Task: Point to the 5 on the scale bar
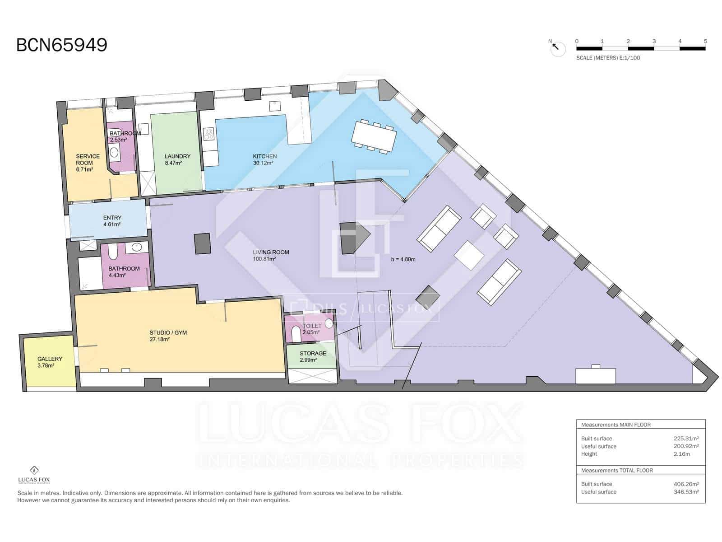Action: [x=705, y=41]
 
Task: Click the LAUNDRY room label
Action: [x=177, y=156]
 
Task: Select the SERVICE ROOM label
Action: [x=88, y=159]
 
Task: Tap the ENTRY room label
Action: [x=112, y=218]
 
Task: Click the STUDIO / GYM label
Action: [x=168, y=333]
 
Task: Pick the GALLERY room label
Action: [x=50, y=359]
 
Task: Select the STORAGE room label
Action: [x=313, y=354]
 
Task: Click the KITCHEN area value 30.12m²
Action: [x=263, y=163]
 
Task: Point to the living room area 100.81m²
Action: [x=264, y=259]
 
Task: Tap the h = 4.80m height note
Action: [x=403, y=259]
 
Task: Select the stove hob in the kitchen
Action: [x=208, y=134]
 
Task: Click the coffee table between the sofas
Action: [x=469, y=255]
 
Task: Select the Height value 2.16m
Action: [x=681, y=454]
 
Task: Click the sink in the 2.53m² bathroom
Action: [x=114, y=152]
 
